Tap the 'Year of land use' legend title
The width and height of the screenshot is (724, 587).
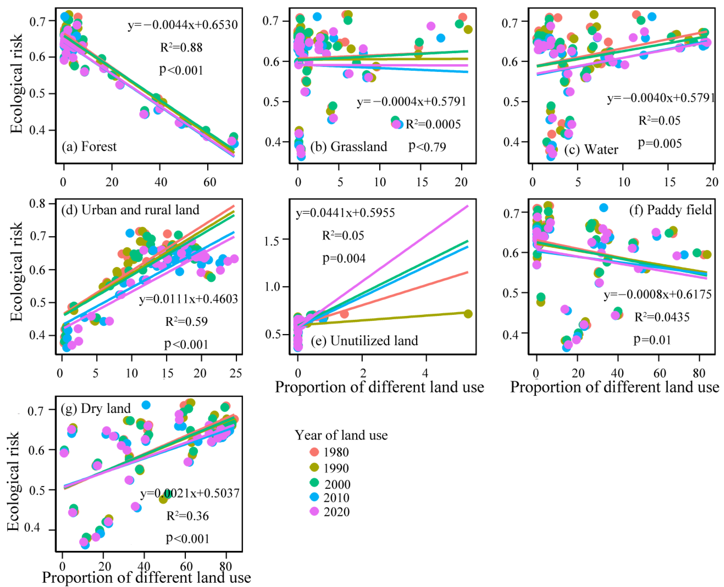pos(341,435)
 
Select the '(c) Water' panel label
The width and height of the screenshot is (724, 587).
pos(591,149)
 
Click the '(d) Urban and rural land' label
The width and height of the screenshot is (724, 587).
pos(131,210)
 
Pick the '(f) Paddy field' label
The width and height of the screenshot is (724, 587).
pos(671,210)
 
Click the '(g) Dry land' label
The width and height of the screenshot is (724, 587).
pos(96,409)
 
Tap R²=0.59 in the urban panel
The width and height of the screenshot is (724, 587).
pos(186,321)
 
